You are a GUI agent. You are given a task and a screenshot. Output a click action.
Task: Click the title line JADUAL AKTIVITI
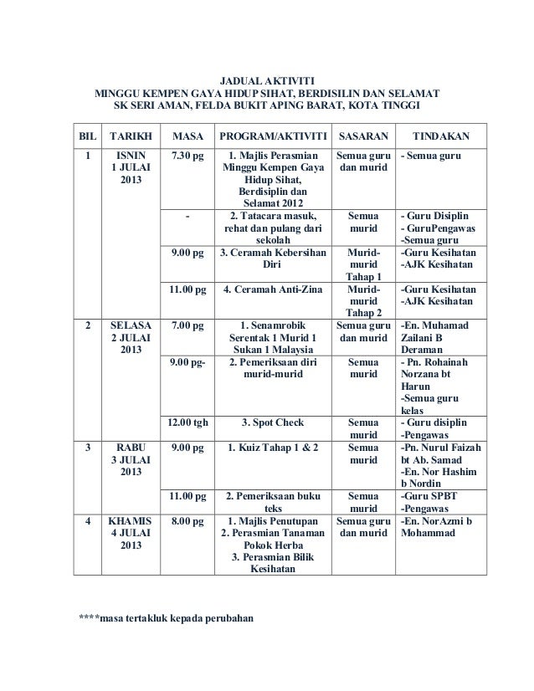click(269, 78)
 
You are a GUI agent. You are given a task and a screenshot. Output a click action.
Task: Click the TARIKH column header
click(130, 136)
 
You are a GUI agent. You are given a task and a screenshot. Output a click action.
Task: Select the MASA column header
click(187, 136)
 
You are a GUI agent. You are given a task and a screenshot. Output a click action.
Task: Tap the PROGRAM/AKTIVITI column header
click(271, 136)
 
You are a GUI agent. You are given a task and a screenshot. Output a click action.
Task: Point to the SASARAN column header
click(362, 136)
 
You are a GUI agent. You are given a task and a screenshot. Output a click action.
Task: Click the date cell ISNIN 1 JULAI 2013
click(131, 167)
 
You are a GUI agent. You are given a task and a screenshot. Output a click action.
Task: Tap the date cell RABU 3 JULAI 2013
click(131, 462)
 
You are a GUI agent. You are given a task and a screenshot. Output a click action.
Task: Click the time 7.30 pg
click(187, 155)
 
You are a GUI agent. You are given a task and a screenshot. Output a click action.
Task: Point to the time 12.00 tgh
click(187, 422)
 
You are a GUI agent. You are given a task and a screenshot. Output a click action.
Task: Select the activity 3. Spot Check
click(271, 422)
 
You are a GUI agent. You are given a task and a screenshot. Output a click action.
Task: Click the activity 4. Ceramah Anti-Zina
click(271, 289)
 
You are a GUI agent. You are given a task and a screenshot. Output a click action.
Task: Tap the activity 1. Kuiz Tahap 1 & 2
click(271, 448)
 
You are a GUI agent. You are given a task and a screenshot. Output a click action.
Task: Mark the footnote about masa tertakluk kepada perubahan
click(164, 621)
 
